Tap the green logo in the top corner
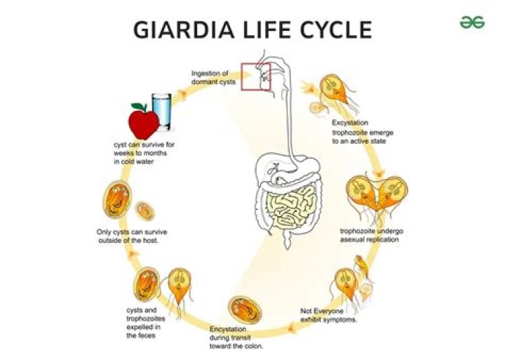tap(471, 22)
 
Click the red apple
tap(144, 121)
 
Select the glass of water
tap(162, 113)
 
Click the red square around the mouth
tap(256, 76)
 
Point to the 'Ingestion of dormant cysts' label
tap(210, 76)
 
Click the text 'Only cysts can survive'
tap(132, 236)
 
